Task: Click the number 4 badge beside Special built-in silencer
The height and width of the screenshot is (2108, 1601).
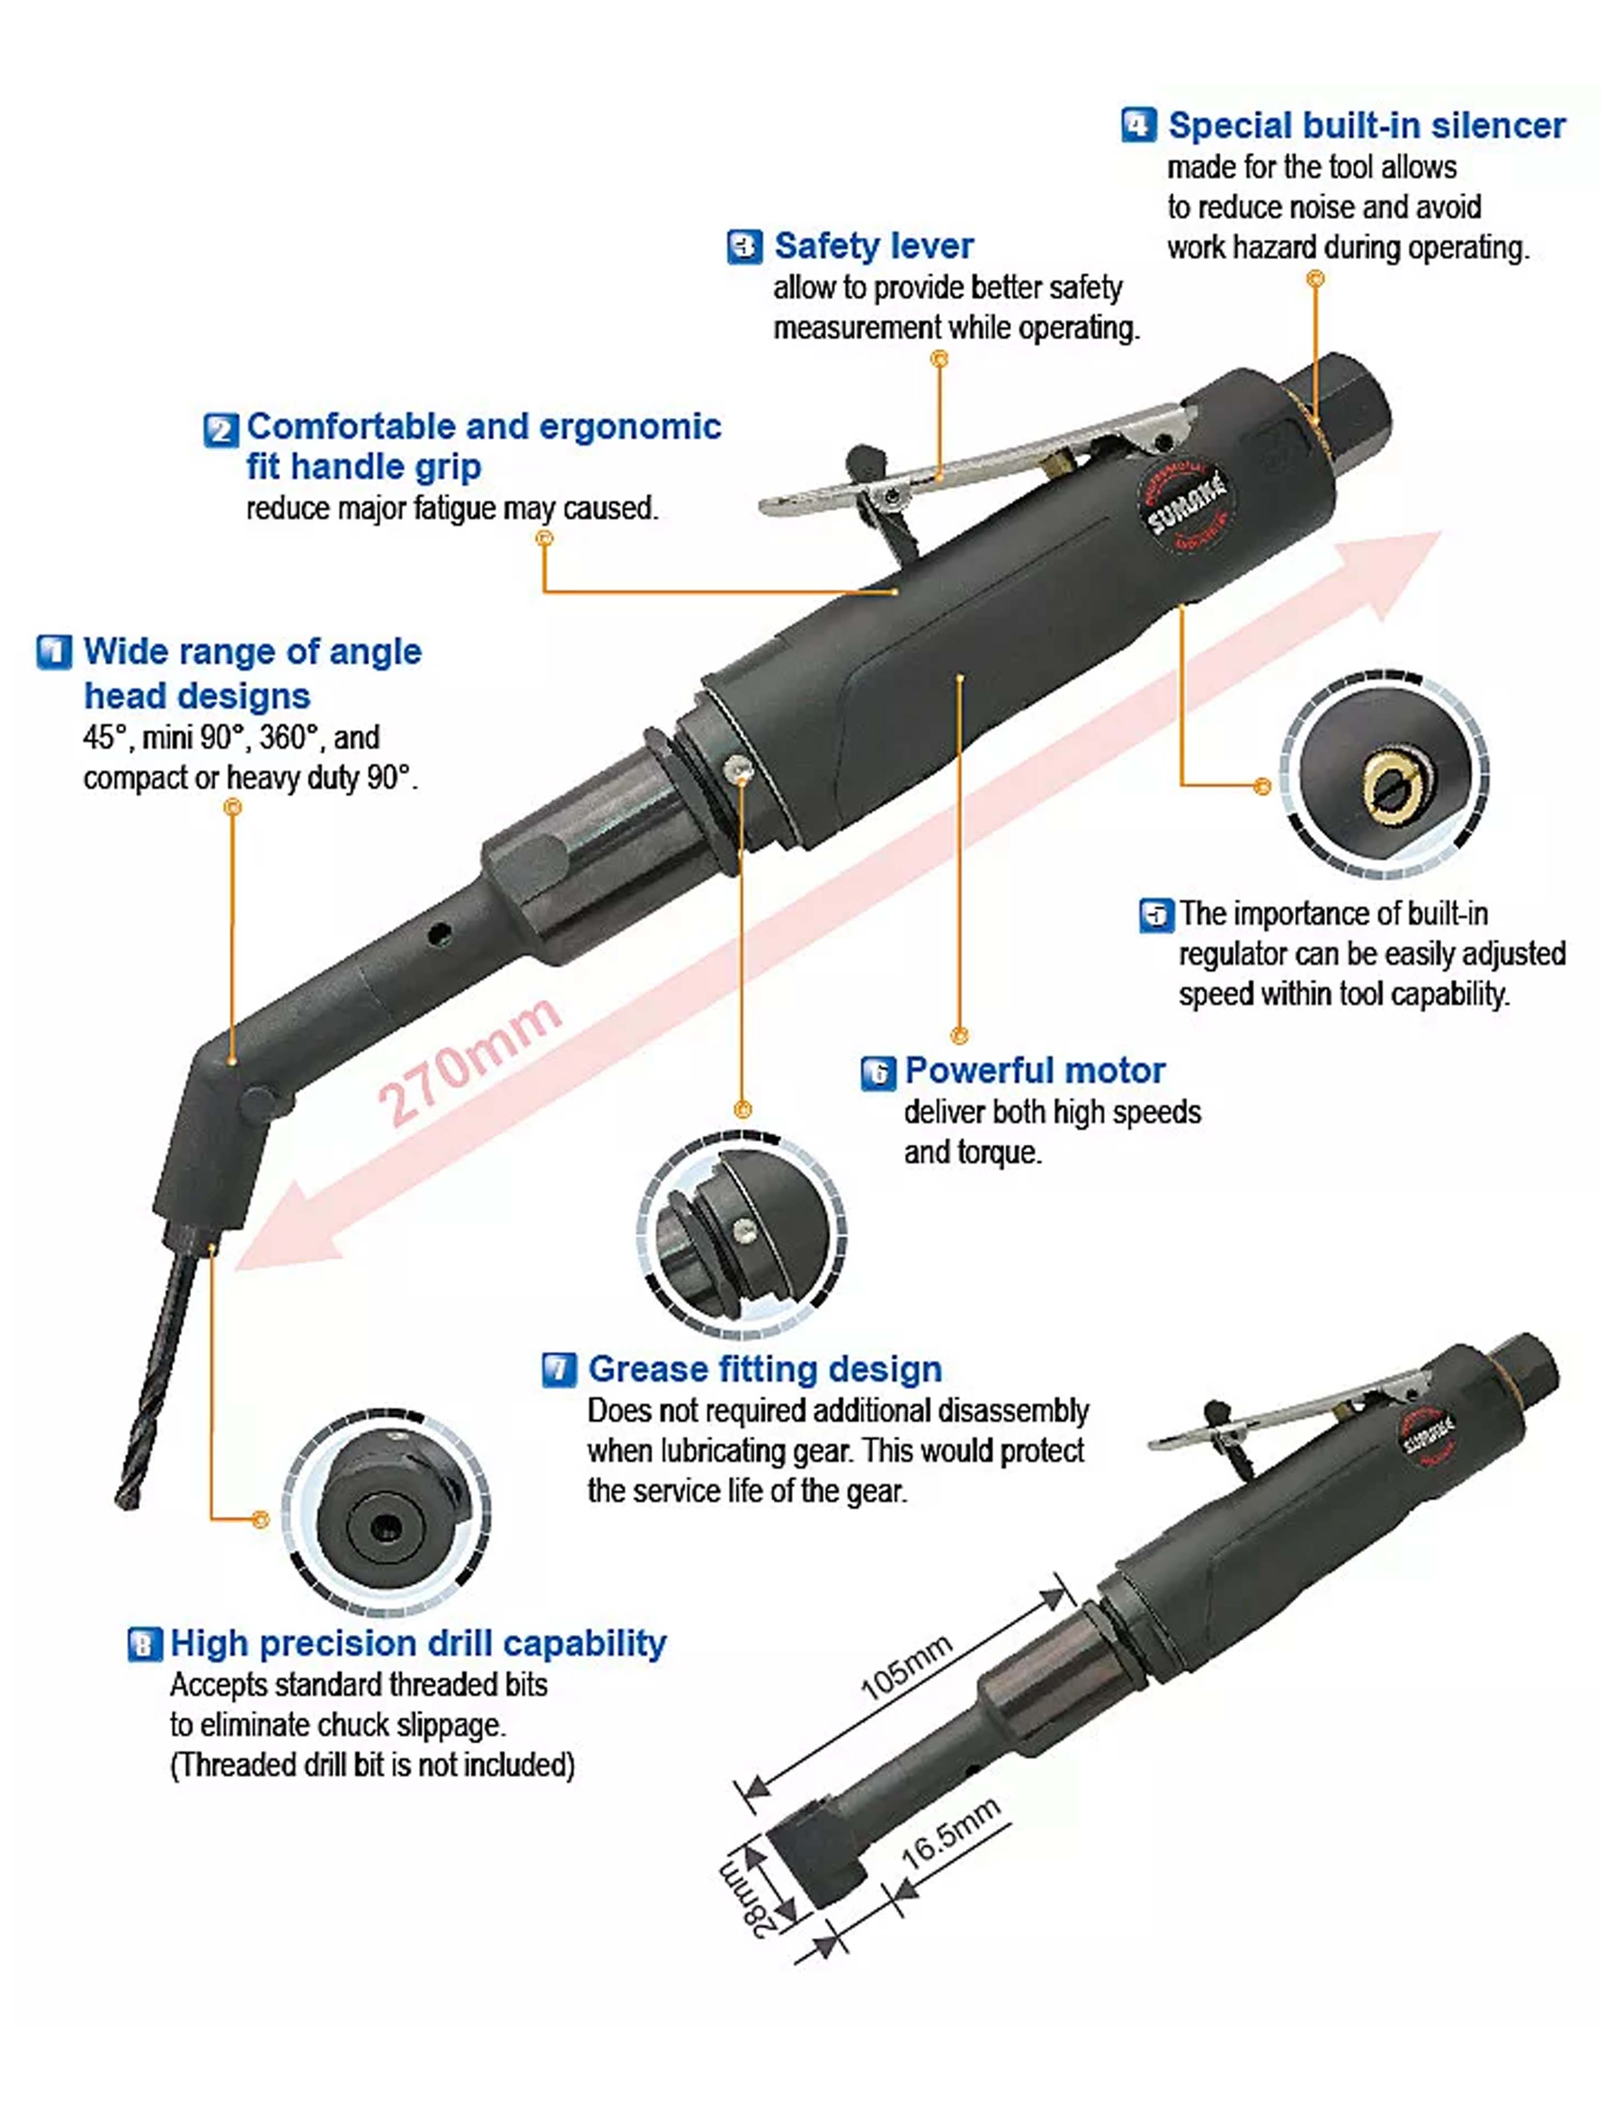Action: pyautogui.click(x=1139, y=125)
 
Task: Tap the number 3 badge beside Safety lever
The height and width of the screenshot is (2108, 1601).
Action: pyautogui.click(x=744, y=246)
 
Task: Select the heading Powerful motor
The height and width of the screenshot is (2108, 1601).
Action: pyautogui.click(x=1035, y=1070)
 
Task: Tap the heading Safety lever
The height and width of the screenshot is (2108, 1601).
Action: pyautogui.click(x=874, y=246)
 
